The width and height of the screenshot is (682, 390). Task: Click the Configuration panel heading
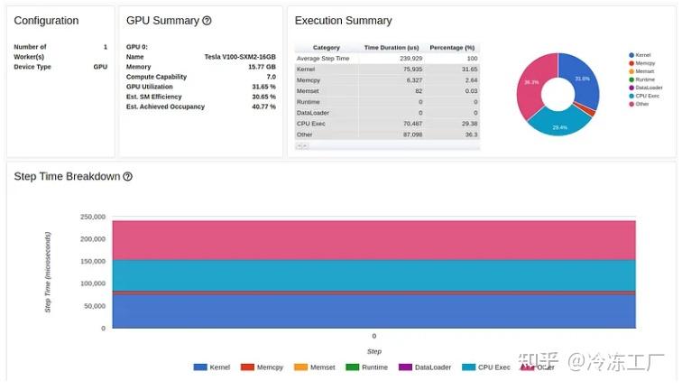[46, 21]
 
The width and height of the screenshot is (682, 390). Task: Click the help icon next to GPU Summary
[207, 21]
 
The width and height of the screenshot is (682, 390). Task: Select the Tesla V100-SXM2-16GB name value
[240, 56]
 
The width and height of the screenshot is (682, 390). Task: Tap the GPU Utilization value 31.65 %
[263, 87]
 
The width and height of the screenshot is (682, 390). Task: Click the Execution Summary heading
[343, 21]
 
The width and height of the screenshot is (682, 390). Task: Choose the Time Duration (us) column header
[392, 48]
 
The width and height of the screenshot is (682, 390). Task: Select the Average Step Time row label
[322, 58]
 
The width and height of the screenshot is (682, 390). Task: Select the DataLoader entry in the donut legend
[649, 88]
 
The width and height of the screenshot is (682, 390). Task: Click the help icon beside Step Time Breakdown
[127, 177]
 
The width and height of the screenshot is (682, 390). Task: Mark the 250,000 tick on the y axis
[93, 217]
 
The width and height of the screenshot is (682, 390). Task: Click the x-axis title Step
[373, 351]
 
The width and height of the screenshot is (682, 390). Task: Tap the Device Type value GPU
[100, 67]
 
